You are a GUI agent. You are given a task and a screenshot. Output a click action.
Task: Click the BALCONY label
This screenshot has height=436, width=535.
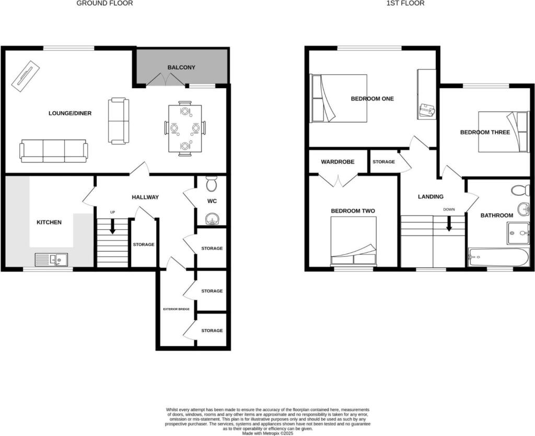click(x=181, y=67)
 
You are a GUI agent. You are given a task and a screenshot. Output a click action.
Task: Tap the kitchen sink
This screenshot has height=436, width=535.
click(x=51, y=260)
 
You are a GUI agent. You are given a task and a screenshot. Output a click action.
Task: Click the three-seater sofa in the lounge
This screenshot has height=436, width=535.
click(x=54, y=151)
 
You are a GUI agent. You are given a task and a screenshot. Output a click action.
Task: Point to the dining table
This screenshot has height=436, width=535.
click(x=185, y=128)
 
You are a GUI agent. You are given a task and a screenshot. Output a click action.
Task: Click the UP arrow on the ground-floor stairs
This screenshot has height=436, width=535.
click(x=112, y=226)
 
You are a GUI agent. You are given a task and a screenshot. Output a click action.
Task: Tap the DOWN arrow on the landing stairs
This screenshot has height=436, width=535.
click(x=449, y=225)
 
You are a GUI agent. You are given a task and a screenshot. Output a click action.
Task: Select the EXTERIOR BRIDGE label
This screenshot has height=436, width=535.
click(x=177, y=309)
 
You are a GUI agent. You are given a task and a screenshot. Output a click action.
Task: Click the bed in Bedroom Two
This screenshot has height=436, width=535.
click(x=354, y=241)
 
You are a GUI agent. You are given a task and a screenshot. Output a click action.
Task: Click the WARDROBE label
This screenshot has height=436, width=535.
click(x=338, y=162)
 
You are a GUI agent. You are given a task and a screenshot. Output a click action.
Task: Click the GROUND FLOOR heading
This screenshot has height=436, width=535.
click(x=104, y=4)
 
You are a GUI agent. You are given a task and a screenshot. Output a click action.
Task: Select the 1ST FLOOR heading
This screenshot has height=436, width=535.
click(x=405, y=4)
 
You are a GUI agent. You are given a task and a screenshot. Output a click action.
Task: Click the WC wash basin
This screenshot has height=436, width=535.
click(x=212, y=219)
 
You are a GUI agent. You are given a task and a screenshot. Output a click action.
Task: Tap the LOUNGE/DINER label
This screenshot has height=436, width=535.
click(x=70, y=113)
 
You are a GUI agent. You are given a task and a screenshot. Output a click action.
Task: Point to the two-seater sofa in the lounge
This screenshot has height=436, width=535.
click(x=119, y=121)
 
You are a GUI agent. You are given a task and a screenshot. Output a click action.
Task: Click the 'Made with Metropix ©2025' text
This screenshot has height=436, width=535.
click(x=267, y=433)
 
